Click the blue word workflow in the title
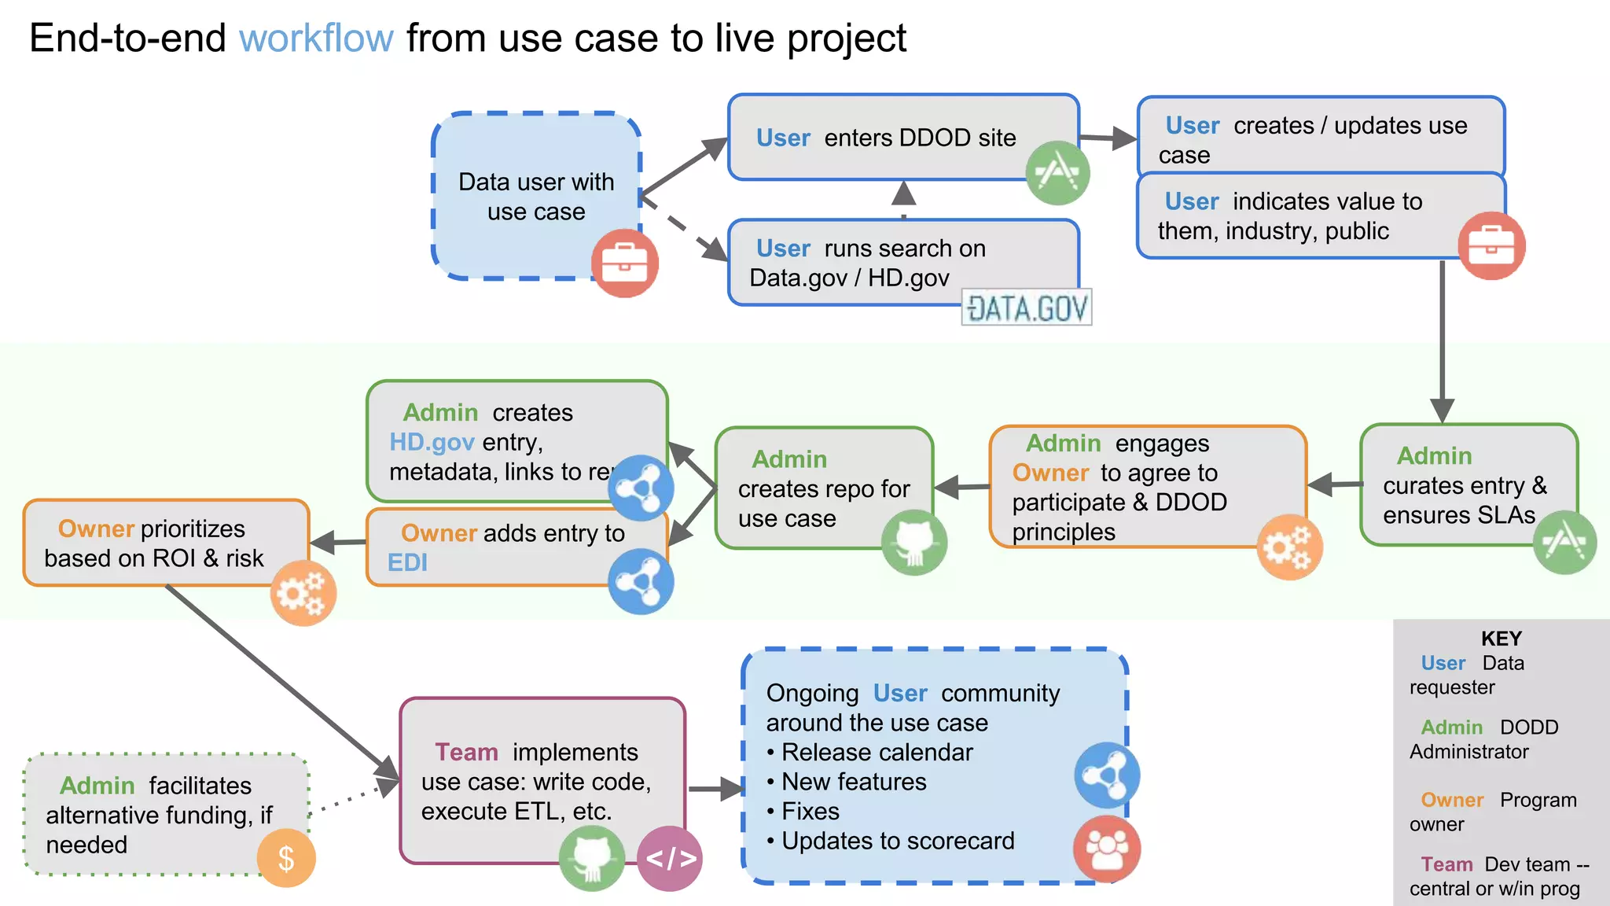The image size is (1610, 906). pos(316,39)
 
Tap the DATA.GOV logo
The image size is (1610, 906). pos(1027,308)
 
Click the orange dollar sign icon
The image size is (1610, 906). pos(286,858)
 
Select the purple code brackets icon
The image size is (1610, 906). pos(670,858)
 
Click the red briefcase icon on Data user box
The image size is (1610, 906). pos(624,263)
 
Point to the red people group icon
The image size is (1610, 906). pos(1107,849)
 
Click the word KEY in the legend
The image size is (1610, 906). pos(1501,639)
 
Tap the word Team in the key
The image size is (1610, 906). pos(1446,864)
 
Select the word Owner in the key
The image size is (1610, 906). pos(1451,800)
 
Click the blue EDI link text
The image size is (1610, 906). pos(407,563)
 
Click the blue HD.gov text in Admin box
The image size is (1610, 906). pos(432,442)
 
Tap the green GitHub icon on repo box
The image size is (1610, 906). pos(913,543)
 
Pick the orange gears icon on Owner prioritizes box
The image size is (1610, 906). pos(303,593)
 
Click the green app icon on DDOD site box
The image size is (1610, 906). pos(1057,172)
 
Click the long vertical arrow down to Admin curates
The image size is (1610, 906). pos(1442,338)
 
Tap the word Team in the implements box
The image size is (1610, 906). pos(466,753)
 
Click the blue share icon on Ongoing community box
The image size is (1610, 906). pos(1107,775)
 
